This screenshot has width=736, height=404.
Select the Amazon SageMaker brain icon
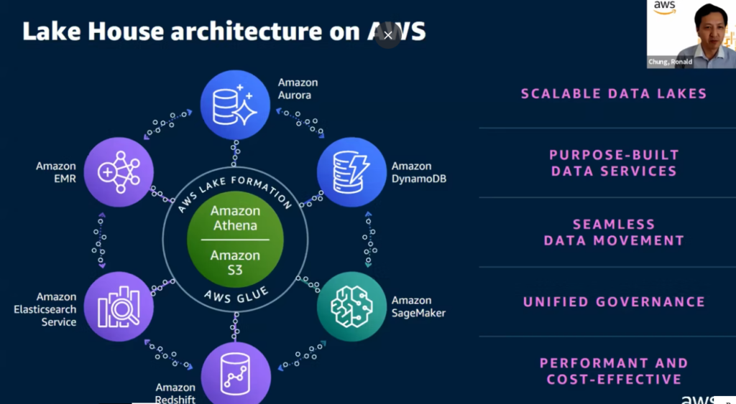(x=352, y=306)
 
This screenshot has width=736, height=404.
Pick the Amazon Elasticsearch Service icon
(x=119, y=306)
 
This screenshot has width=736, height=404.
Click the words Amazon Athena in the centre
(x=235, y=218)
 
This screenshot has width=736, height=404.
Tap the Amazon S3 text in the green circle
(x=235, y=263)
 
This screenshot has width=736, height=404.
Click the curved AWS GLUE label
(x=235, y=292)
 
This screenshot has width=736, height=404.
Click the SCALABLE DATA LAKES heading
(x=614, y=94)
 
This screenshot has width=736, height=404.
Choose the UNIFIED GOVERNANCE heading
(x=614, y=302)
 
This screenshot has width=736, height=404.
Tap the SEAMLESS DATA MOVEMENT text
(x=614, y=232)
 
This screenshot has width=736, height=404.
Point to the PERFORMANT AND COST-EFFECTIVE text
(x=614, y=371)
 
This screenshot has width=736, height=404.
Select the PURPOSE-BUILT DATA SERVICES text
(x=614, y=163)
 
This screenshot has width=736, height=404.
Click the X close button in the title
(x=388, y=34)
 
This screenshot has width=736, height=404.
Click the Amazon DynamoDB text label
(x=418, y=172)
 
